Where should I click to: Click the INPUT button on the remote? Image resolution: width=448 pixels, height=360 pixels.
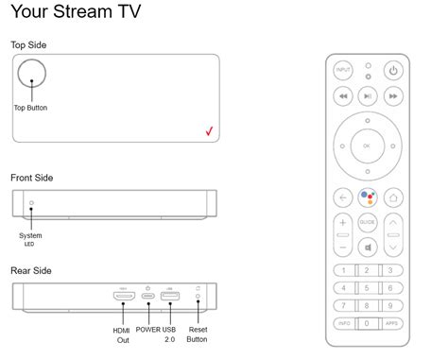coord(342,70)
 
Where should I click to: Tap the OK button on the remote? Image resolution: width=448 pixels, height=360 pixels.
coord(368,146)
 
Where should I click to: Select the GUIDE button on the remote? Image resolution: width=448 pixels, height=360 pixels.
coord(368,222)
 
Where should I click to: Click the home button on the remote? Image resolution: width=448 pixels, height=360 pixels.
coord(394,197)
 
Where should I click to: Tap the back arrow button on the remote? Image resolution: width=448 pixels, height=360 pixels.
coord(342,197)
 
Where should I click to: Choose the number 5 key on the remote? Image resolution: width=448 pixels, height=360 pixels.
coord(368,288)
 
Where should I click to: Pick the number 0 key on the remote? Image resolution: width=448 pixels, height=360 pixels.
coord(368,323)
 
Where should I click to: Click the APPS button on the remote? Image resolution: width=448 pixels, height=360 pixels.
coord(393,323)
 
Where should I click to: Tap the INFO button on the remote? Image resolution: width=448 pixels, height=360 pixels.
coord(342,323)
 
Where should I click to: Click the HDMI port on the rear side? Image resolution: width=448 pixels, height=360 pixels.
coord(123,298)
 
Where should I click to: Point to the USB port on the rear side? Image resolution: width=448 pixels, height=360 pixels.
coord(169,298)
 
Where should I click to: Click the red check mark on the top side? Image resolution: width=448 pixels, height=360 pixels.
coord(209,131)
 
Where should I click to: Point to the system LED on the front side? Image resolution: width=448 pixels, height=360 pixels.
coord(31,204)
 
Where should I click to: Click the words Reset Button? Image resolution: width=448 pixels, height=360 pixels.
coord(198,334)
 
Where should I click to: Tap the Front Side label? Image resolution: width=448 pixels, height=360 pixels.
coord(31,178)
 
